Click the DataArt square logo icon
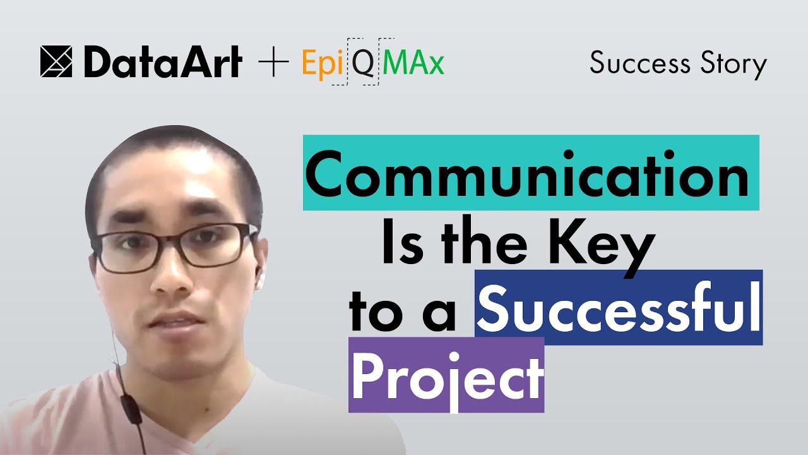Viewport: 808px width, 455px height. click(x=56, y=62)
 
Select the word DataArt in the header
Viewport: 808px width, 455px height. click(x=162, y=63)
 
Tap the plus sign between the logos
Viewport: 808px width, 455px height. click(x=274, y=63)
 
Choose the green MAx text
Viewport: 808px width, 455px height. click(x=414, y=63)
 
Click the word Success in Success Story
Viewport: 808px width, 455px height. click(x=639, y=63)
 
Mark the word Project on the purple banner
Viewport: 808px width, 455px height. click(x=446, y=375)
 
